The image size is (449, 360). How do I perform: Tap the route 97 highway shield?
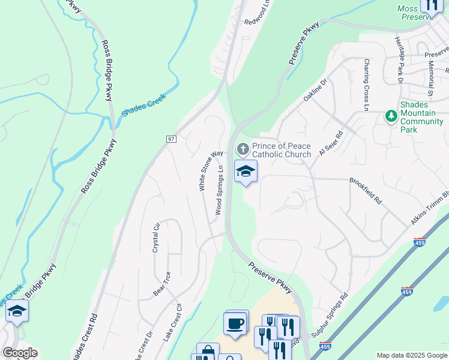tap(171, 139)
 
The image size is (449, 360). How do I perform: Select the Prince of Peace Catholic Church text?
tap(281, 150)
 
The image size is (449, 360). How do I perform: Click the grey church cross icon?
tap(243, 148)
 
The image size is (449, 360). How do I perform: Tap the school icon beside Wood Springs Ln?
tap(246, 172)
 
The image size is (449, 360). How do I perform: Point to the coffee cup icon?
tap(235, 323)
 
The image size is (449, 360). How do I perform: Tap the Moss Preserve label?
tap(415, 13)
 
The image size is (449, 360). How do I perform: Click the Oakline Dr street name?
tap(315, 91)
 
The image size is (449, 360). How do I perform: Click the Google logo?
tap(20, 353)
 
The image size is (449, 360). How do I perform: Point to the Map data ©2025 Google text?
tap(412, 355)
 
